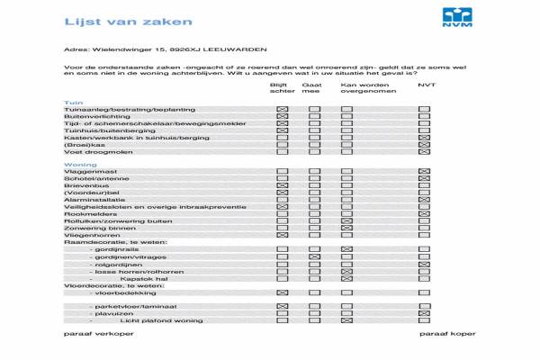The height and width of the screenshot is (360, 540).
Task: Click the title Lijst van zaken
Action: (x=103, y=20)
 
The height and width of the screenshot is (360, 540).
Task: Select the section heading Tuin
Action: (x=73, y=103)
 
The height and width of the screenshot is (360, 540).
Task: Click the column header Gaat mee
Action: (x=311, y=87)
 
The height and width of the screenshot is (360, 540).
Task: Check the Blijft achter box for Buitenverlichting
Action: (x=283, y=117)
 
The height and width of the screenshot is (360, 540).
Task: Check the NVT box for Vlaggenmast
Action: (x=425, y=172)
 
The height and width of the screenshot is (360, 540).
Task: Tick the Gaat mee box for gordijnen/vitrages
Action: (x=314, y=257)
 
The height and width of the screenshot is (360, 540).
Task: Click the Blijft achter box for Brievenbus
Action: (x=283, y=186)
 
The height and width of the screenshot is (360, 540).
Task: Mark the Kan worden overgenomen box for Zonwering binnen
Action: (x=346, y=228)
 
